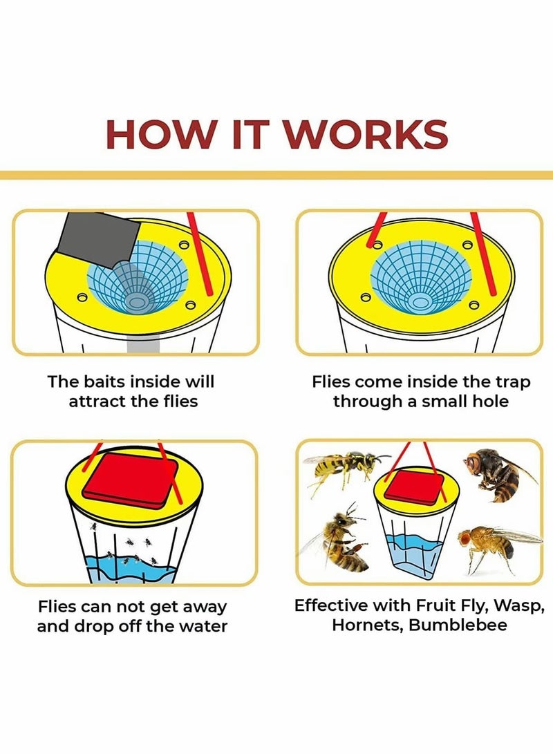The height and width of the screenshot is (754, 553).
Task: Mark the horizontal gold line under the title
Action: pos(276,175)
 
